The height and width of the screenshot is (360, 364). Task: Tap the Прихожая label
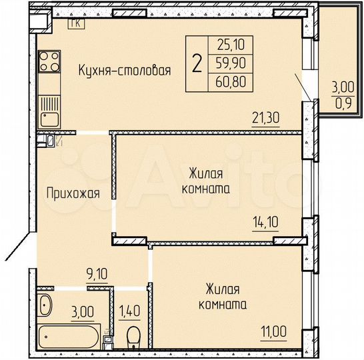click(73, 194)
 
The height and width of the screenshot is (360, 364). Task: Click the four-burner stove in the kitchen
click(49, 64)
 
